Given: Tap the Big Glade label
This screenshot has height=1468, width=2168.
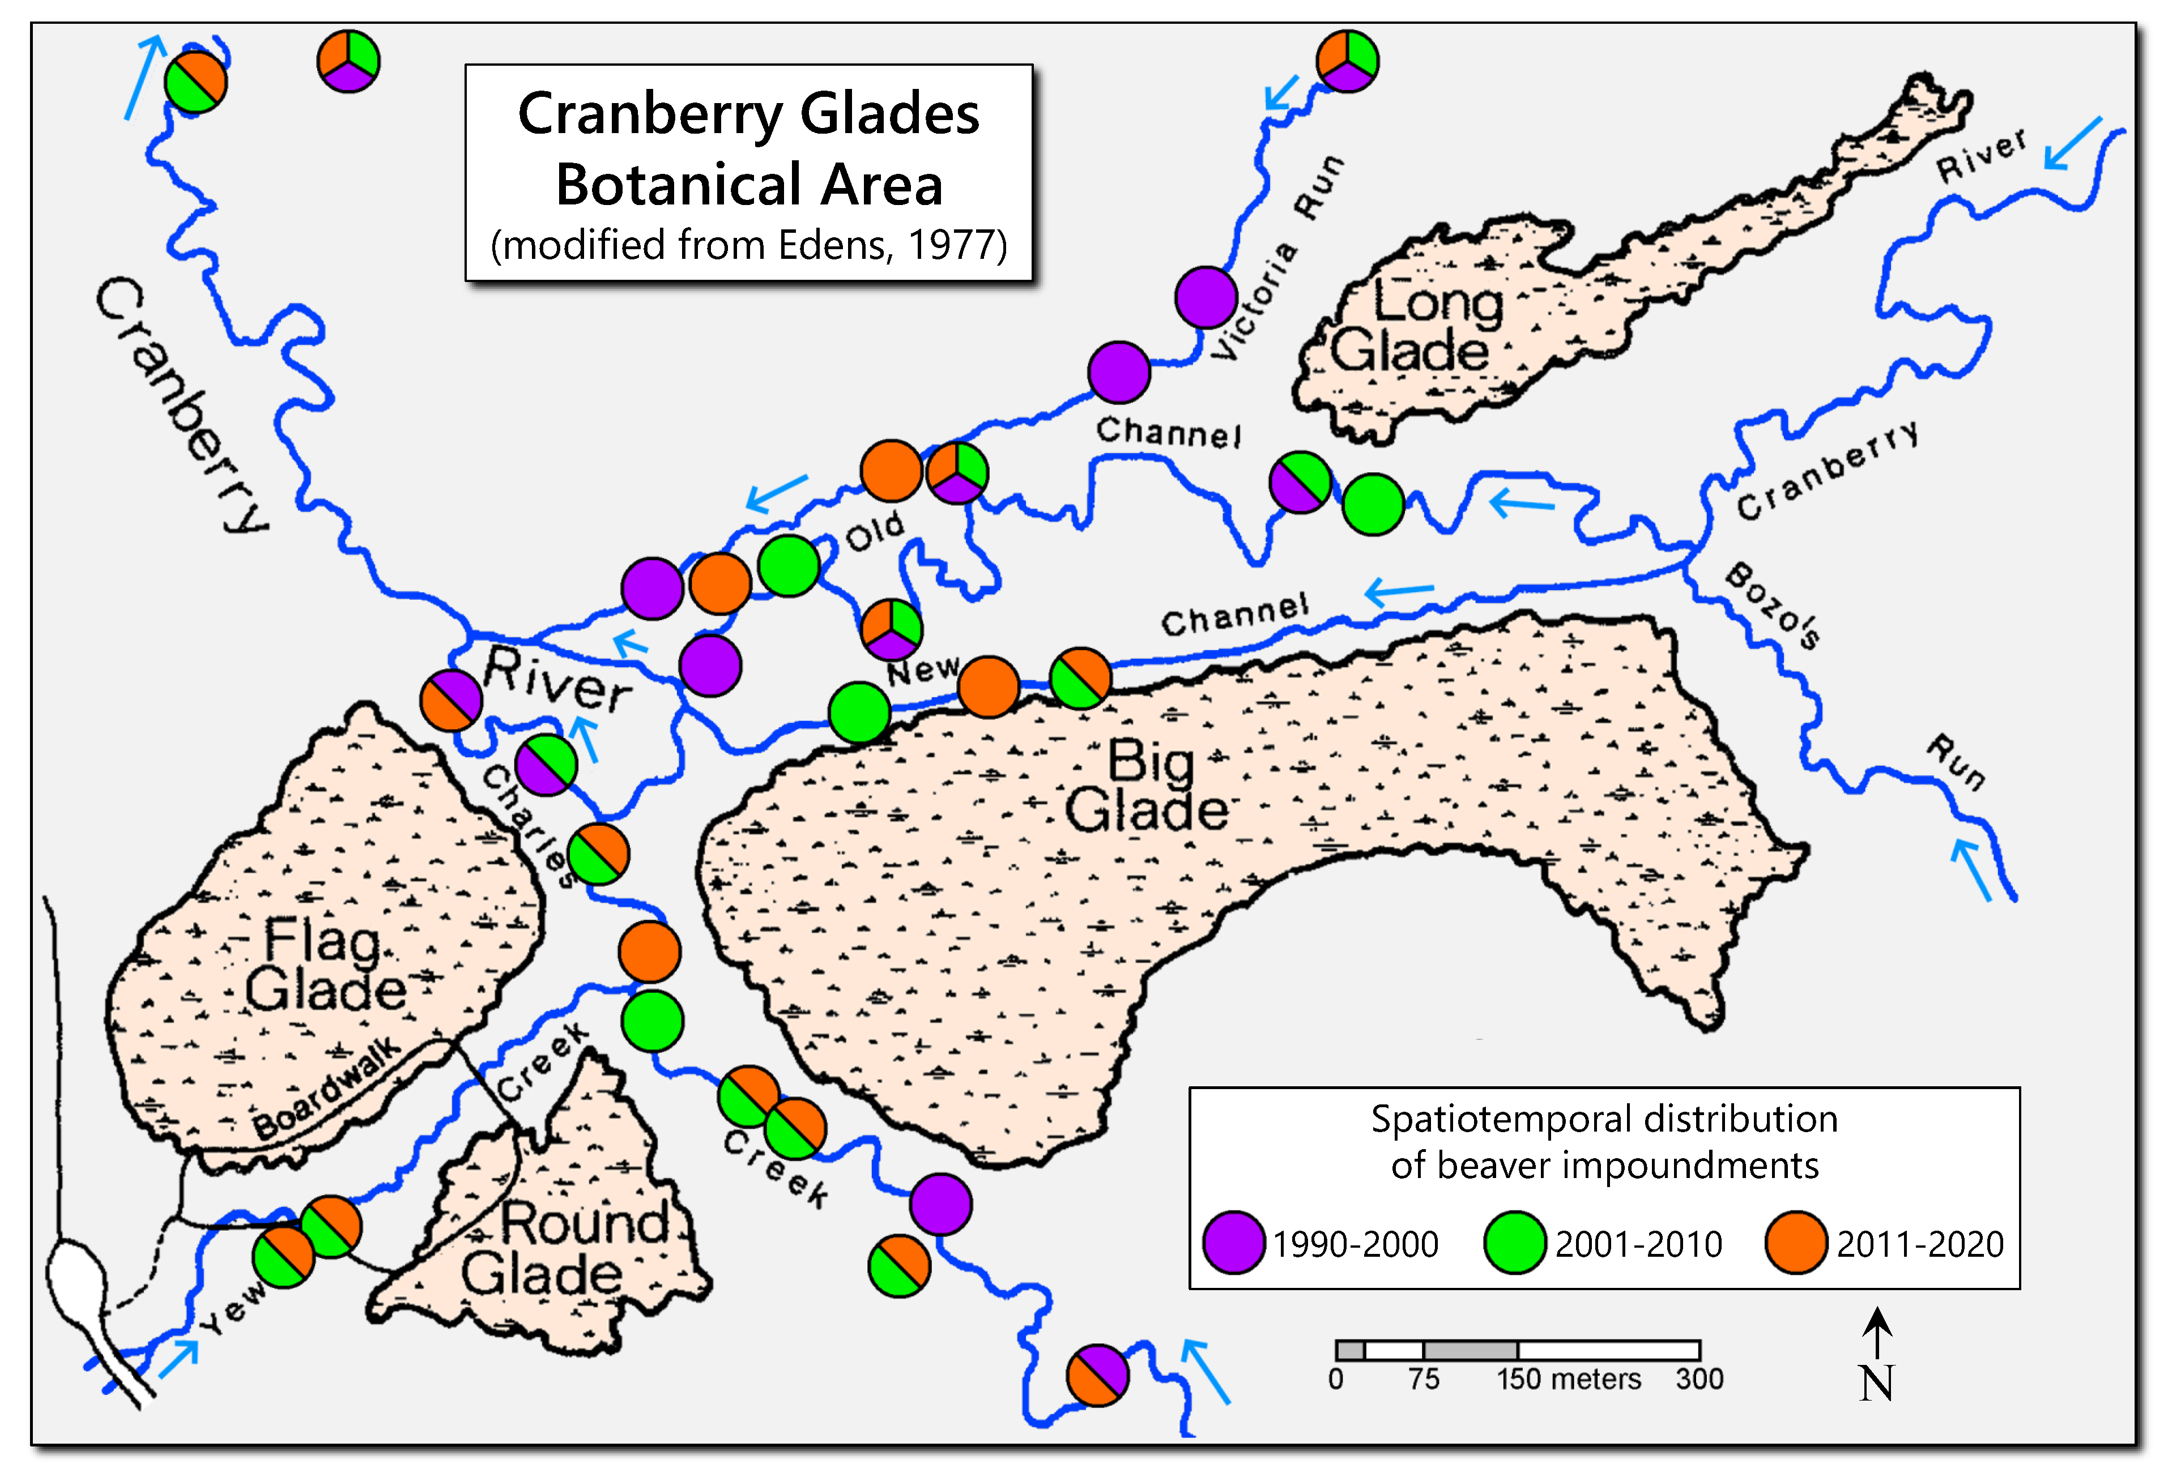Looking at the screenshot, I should tap(1147, 786).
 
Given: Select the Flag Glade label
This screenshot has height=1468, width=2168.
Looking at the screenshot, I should tap(325, 965).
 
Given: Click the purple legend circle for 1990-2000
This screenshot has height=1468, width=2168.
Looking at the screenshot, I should tap(1233, 1242).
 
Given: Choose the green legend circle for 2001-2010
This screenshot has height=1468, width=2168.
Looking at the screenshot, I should tap(1514, 1242).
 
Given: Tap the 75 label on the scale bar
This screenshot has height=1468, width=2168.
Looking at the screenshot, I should tap(1424, 1379).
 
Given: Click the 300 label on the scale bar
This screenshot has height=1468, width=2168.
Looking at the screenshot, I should tap(1699, 1379).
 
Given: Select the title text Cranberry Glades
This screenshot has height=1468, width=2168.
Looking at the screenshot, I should tap(748, 114).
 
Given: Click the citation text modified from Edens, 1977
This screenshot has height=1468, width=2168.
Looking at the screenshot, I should tap(748, 244).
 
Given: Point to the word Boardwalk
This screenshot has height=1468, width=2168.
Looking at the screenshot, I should tap(326, 1089).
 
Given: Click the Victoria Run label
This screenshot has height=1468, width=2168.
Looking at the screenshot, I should tap(1278, 257).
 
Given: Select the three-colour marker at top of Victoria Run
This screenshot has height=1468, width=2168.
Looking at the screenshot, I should tap(1347, 61).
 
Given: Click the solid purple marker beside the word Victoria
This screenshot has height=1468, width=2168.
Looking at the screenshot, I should tap(1206, 297).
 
